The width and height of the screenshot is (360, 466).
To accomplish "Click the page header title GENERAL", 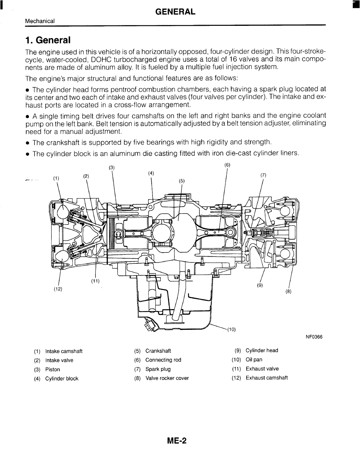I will [x=176, y=12].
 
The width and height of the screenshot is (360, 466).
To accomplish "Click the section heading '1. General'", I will [x=48, y=40].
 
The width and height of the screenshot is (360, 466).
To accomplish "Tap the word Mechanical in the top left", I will [x=40, y=21].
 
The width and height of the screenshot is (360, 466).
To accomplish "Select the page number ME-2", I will [x=177, y=441].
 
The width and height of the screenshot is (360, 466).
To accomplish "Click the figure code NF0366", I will [x=314, y=337].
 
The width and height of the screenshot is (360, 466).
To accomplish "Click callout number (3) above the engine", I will [x=112, y=167].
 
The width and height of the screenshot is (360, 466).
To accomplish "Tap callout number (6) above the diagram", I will [x=227, y=165].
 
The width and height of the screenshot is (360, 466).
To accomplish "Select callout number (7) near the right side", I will [x=263, y=175].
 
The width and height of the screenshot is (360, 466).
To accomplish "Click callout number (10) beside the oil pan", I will [x=231, y=329].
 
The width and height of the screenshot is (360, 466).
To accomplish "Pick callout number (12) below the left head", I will [x=58, y=289].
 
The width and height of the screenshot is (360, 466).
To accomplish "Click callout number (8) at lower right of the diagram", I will [x=288, y=291].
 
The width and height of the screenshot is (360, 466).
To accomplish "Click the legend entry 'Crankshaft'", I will [x=158, y=351].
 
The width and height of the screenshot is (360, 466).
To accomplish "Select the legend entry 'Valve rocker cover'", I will [x=167, y=378].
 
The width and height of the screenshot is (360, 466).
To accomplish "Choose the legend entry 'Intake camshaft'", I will [x=64, y=351].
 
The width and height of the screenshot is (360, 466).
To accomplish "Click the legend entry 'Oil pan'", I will [x=254, y=360].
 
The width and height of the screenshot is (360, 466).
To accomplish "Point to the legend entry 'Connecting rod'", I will [x=163, y=360].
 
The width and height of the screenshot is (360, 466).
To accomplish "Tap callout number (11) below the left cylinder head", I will [x=95, y=281].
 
